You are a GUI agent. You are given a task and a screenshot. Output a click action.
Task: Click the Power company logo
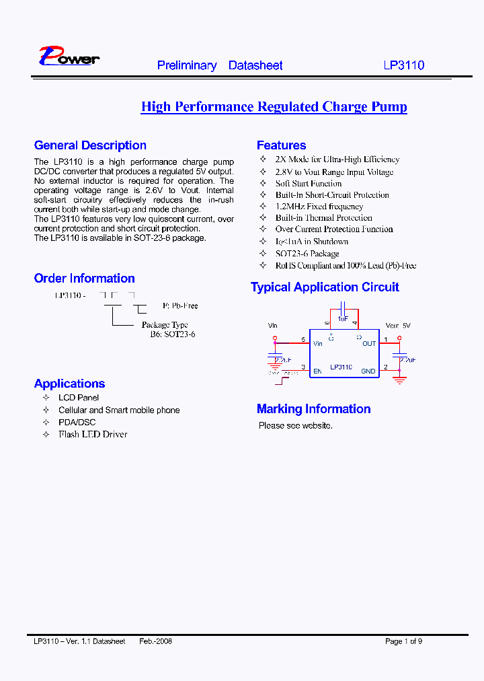point(69,57)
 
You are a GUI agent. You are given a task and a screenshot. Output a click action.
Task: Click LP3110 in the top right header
point(403,65)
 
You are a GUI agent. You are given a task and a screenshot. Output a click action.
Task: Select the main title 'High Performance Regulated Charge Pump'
point(274,107)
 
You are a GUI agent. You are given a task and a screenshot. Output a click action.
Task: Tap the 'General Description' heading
point(90,145)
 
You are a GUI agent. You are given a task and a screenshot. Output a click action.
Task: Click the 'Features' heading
point(281,145)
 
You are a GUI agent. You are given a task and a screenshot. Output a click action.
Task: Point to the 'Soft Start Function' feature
point(308,184)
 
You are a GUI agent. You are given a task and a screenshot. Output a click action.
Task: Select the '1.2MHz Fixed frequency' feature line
point(319,207)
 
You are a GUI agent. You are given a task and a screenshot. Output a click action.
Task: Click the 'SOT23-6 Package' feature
point(307,254)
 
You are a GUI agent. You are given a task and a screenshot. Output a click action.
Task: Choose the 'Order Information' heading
point(84,279)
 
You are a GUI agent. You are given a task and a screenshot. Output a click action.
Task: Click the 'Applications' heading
point(69,384)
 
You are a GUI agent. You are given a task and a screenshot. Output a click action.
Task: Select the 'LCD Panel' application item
point(79,398)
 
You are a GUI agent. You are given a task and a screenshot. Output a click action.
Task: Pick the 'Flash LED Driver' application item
point(93,434)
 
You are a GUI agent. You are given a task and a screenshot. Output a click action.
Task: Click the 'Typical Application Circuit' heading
point(325,287)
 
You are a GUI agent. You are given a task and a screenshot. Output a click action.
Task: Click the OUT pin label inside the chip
point(369,344)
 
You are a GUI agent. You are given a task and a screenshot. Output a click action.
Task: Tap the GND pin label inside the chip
point(368,371)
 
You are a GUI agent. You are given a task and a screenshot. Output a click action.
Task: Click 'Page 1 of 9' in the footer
point(403,641)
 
